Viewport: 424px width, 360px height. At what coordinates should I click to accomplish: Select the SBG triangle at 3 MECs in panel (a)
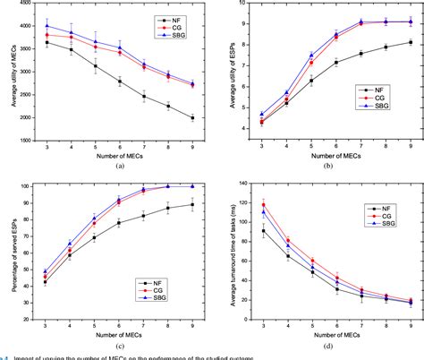click(x=47, y=26)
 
